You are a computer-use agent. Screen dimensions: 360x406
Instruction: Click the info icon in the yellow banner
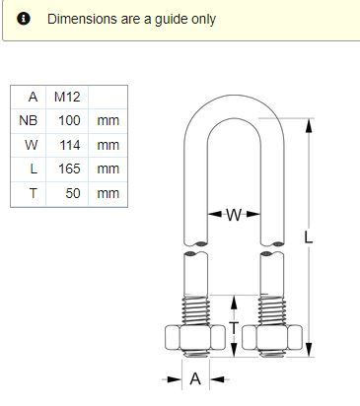[24, 19]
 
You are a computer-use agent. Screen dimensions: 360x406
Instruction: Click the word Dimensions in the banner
[82, 19]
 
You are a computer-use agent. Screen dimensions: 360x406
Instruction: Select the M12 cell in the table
[67, 97]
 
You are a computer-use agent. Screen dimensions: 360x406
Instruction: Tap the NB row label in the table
[29, 120]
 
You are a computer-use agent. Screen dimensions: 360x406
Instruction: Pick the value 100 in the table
[69, 120]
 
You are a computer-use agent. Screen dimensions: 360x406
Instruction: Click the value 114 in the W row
[70, 145]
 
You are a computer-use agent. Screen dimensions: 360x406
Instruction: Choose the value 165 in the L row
[69, 169]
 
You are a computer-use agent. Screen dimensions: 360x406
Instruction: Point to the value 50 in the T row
[73, 193]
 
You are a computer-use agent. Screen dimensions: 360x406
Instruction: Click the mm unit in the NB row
[108, 121]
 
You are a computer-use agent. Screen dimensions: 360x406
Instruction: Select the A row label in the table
[33, 97]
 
